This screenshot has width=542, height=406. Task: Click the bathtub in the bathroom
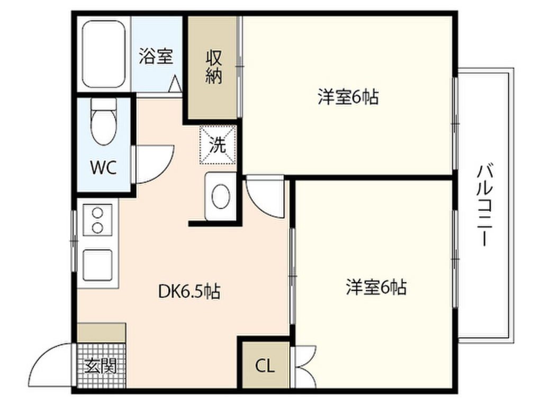click(x=104, y=54)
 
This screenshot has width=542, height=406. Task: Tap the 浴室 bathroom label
click(x=156, y=56)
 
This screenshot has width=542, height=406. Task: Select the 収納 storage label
click(x=214, y=67)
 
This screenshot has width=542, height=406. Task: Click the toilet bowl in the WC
click(x=103, y=127)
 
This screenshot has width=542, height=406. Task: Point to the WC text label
click(x=103, y=168)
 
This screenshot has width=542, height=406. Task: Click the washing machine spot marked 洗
click(x=218, y=145)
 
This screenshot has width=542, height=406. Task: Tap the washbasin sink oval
click(x=221, y=197)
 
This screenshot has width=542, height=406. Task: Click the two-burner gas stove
click(x=97, y=219)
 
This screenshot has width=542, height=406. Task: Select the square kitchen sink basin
click(x=97, y=265)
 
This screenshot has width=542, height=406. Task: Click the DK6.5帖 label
click(x=189, y=292)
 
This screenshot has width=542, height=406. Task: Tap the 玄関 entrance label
click(x=101, y=366)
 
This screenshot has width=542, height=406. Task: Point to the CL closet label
click(x=265, y=366)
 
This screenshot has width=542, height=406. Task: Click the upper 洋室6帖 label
click(x=348, y=97)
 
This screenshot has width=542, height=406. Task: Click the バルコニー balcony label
click(x=485, y=205)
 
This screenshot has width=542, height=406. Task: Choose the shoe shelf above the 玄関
click(x=101, y=333)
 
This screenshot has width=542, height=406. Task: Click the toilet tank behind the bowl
click(x=104, y=104)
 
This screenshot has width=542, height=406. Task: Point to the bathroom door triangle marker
click(x=175, y=84)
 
